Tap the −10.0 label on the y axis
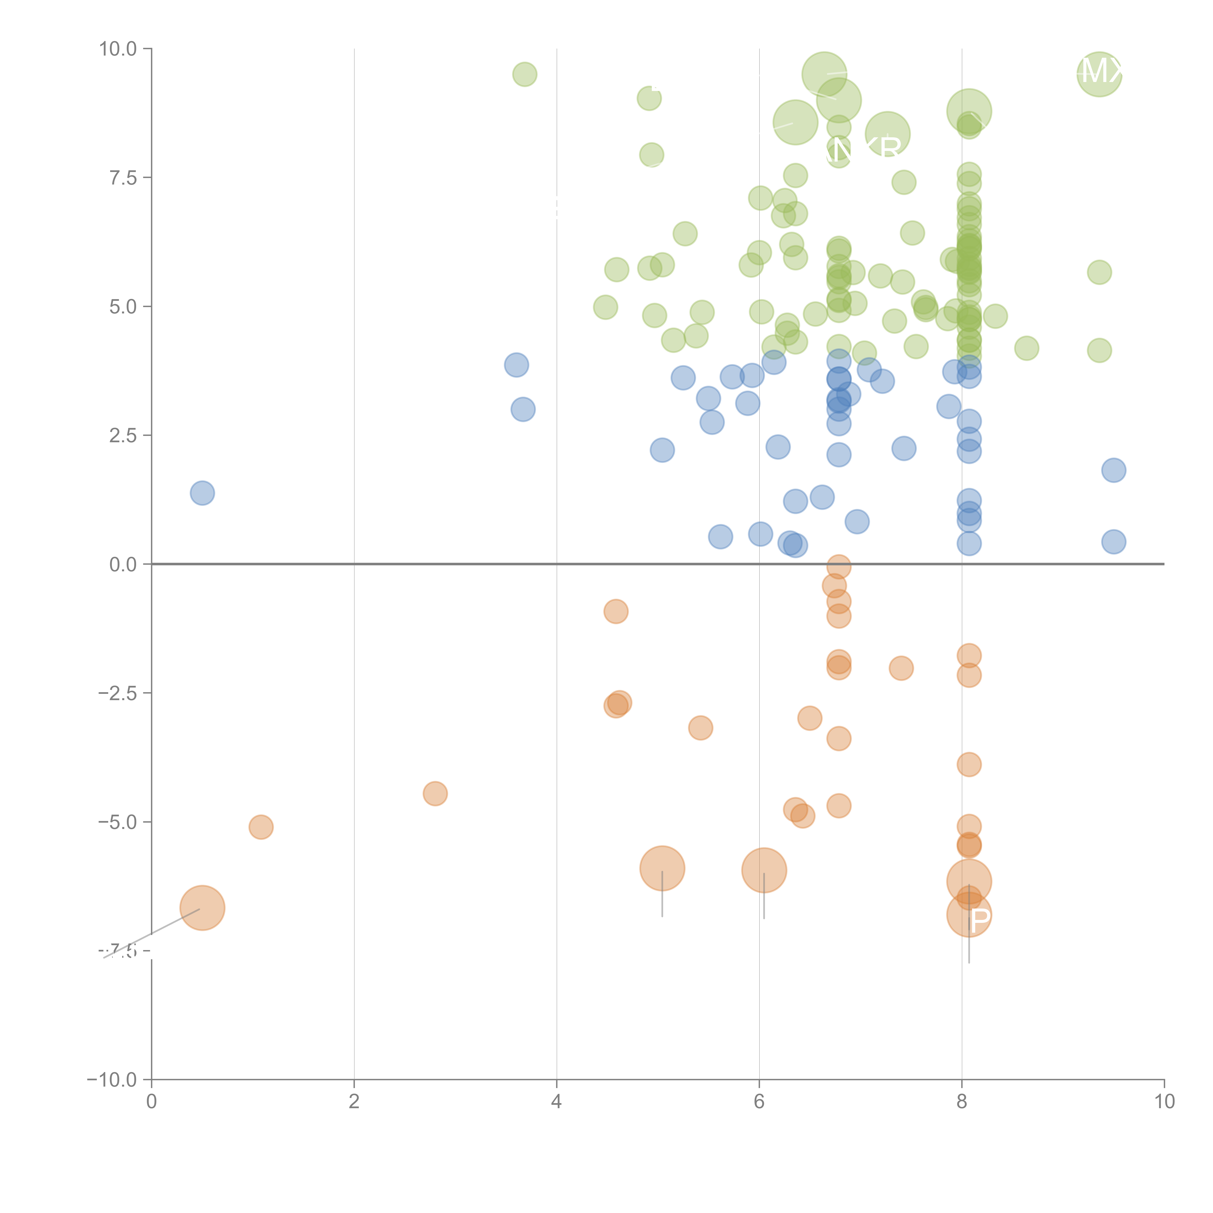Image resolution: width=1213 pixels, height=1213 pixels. [112, 1080]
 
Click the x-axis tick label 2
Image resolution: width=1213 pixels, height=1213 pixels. [354, 1101]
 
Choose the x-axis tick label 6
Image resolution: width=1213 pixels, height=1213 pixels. [759, 1101]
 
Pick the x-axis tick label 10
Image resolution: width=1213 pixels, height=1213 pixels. [1164, 1101]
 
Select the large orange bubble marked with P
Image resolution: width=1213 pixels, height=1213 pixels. [969, 915]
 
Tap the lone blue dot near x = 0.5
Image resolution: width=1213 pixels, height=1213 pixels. [202, 493]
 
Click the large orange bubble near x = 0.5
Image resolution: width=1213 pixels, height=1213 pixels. [202, 908]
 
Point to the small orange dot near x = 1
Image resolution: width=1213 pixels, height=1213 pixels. [261, 827]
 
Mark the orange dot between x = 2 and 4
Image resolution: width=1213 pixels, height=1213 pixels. [435, 794]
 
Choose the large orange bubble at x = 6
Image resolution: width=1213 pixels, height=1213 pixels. [763, 870]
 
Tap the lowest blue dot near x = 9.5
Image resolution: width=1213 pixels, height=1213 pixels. [1113, 541]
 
